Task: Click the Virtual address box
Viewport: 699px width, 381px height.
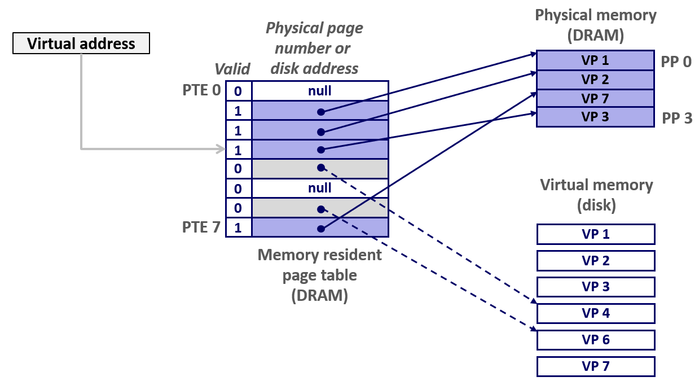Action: click(81, 43)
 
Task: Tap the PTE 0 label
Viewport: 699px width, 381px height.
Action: click(201, 90)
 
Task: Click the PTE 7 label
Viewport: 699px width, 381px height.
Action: click(201, 227)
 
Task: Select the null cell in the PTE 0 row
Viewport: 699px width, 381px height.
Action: click(319, 90)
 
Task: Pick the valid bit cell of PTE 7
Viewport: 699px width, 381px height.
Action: click(238, 228)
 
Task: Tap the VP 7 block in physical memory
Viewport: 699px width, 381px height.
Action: click(595, 99)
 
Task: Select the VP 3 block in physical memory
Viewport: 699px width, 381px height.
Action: click(595, 117)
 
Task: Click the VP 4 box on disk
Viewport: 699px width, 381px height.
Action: click(595, 313)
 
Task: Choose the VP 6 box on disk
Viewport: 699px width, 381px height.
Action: click(595, 340)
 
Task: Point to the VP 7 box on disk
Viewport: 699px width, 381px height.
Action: click(595, 366)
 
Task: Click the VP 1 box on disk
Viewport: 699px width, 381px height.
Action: click(595, 234)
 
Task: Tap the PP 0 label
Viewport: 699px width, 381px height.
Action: click(676, 62)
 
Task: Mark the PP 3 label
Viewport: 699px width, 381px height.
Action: click(676, 119)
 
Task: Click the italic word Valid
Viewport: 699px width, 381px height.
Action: click(232, 69)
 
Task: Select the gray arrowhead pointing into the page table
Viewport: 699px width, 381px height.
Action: click(221, 149)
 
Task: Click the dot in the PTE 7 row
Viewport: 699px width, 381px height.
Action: click(320, 229)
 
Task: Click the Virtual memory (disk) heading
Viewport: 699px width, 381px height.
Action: click(596, 195)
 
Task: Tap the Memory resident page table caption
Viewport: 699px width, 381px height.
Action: click(319, 275)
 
